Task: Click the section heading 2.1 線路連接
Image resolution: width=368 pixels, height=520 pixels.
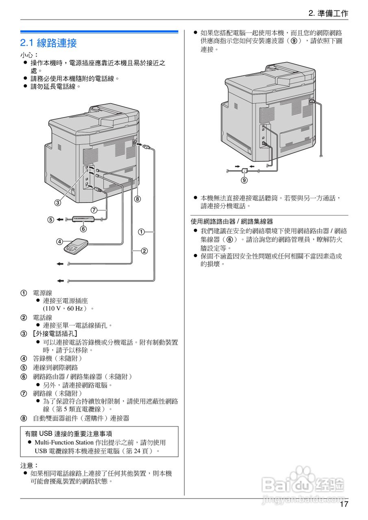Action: pyautogui.click(x=48, y=43)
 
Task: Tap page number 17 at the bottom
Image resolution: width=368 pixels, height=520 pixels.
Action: pyautogui.click(x=344, y=505)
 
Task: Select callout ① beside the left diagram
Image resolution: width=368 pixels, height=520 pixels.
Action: pyautogui.click(x=141, y=232)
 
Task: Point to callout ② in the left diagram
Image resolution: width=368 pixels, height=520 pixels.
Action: pyautogui.click(x=144, y=251)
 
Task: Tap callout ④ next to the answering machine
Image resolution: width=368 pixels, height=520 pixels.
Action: pyautogui.click(x=59, y=242)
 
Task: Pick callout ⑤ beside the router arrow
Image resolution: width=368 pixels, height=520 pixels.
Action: pyautogui.click(x=50, y=220)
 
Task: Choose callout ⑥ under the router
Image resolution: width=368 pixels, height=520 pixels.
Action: pyautogui.click(x=83, y=229)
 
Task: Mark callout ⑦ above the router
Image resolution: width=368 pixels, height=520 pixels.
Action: pyautogui.click(x=94, y=210)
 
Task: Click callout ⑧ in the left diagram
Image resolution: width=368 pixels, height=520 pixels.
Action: pyautogui.click(x=137, y=199)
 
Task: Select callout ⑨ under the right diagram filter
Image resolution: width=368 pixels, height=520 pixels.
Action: pyautogui.click(x=244, y=180)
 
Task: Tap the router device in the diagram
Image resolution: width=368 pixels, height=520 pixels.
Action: pyautogui.click(x=83, y=219)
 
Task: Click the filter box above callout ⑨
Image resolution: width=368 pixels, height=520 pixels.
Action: pyautogui.click(x=244, y=170)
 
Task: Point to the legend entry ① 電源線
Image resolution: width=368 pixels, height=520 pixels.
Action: pyautogui.click(x=42, y=293)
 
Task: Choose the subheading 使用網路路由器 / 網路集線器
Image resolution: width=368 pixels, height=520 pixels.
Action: pyautogui.click(x=232, y=222)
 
